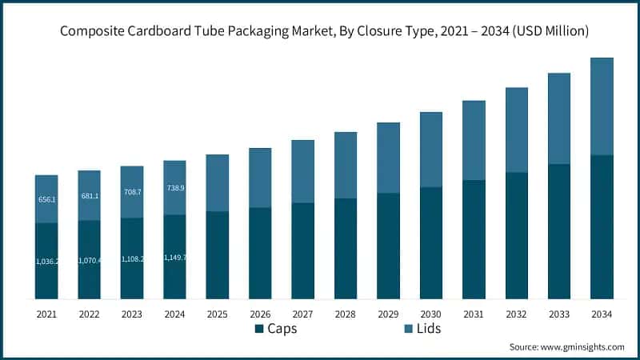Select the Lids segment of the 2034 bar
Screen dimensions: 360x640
[x=602, y=106]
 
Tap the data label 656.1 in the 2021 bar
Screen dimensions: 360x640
[x=46, y=199]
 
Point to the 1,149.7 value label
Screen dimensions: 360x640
[x=174, y=258]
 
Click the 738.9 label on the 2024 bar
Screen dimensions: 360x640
[x=174, y=187]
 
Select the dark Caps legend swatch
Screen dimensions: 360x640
[x=259, y=329]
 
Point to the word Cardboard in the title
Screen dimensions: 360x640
[x=177, y=31]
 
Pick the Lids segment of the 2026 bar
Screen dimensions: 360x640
[x=260, y=178]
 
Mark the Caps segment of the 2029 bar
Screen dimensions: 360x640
[x=388, y=246]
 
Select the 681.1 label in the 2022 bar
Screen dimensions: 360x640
[x=90, y=196]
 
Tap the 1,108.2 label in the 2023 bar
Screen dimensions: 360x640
[x=132, y=259]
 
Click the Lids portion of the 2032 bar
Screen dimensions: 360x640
[x=516, y=130]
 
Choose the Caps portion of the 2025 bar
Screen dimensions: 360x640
[x=218, y=255]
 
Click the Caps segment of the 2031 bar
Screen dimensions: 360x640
[x=474, y=239]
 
